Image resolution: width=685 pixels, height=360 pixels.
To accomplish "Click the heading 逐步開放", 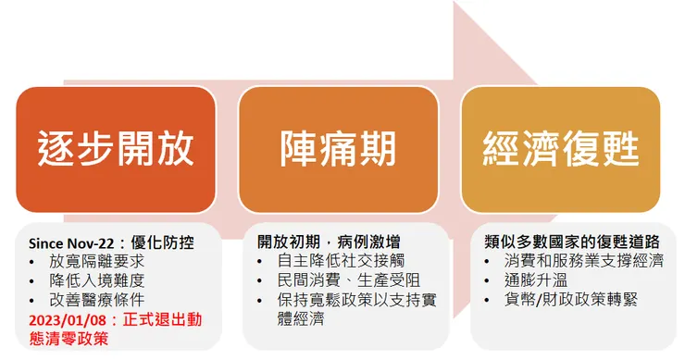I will (x=117, y=147).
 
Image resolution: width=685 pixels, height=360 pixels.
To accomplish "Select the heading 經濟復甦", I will (x=561, y=147).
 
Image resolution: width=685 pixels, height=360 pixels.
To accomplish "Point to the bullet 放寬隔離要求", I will (x=99, y=262).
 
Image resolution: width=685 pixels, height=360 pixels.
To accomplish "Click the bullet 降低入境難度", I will (x=99, y=280).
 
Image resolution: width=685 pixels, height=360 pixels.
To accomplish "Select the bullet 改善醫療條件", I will (x=99, y=300).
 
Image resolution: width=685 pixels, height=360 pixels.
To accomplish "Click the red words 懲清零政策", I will (x=68, y=340).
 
